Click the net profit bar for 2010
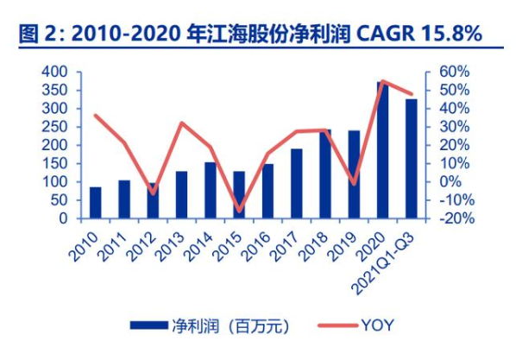(96, 203)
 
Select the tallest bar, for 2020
(383, 150)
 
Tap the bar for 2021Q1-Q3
(412, 159)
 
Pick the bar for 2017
(297, 184)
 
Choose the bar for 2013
(182, 194)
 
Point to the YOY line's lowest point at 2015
(239, 211)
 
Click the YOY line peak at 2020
(383, 81)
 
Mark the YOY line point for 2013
(182, 123)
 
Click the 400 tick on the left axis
(54, 72)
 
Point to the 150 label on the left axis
(54, 163)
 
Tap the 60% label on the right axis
(455, 72)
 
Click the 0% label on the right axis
(450, 181)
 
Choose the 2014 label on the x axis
(198, 247)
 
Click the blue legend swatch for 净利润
(148, 325)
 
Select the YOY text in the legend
(377, 325)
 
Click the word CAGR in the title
(385, 34)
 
